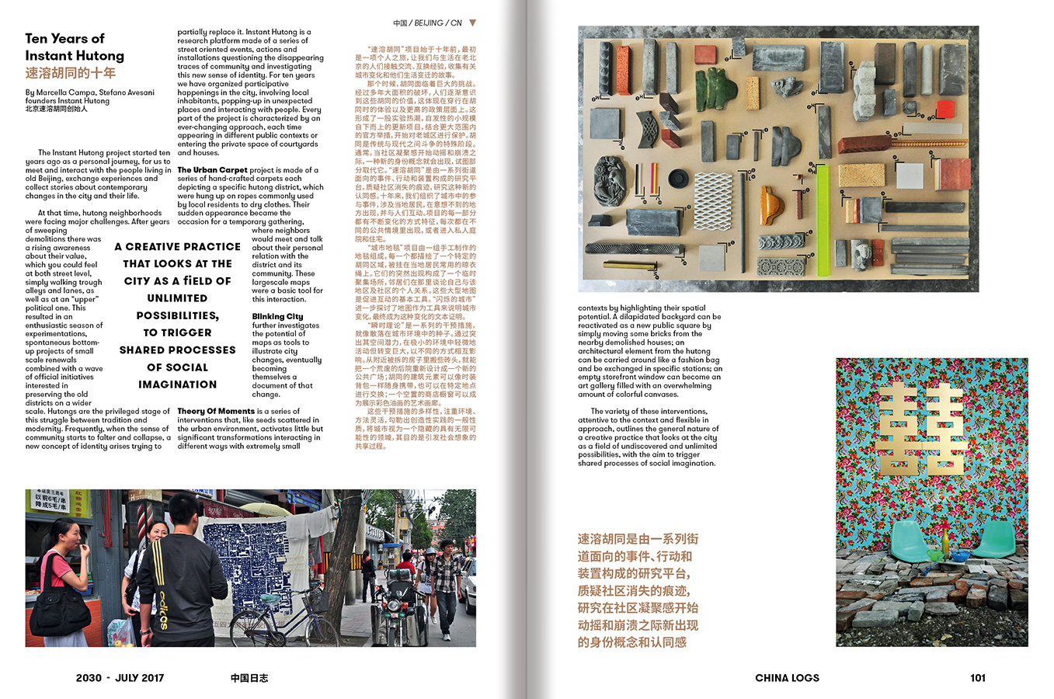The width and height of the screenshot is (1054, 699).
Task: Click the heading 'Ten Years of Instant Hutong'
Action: coord(74,47)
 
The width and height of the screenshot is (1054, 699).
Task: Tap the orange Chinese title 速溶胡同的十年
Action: coord(70,73)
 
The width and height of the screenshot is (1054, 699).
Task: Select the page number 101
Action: coord(977,677)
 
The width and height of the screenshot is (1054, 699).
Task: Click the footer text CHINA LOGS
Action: coord(787,677)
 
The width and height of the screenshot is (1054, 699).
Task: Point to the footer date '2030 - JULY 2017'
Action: coord(120,677)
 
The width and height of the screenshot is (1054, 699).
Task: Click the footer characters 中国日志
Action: coord(249,677)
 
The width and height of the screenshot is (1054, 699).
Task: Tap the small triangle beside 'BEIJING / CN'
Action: coord(472,23)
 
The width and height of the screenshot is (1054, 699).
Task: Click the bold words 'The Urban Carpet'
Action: coord(212,169)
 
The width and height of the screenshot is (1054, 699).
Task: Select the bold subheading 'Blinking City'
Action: coord(277,316)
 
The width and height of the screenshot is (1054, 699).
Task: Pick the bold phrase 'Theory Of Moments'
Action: coord(216,411)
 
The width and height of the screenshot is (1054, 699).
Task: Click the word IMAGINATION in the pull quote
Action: coord(177,384)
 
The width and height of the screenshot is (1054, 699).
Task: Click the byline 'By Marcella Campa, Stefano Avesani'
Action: coord(89,92)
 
